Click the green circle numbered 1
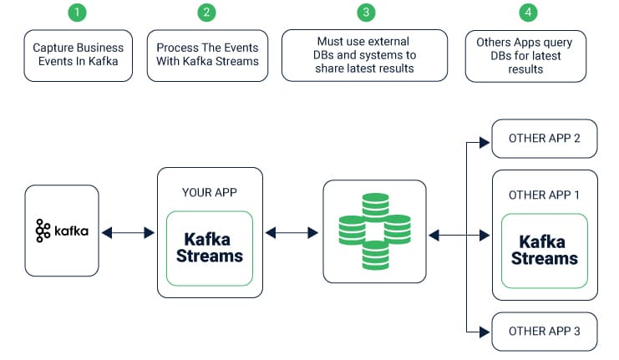coord(77,13)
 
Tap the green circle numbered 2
coord(206,13)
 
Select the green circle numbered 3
coord(366,13)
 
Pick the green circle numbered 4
coord(528,13)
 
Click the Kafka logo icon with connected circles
coord(43,231)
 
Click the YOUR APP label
coord(209,192)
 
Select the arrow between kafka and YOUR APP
coord(128,233)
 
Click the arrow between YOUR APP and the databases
coord(292,233)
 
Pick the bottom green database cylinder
coord(375,256)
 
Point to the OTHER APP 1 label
coord(544,195)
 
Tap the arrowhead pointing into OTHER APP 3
coord(485,332)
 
